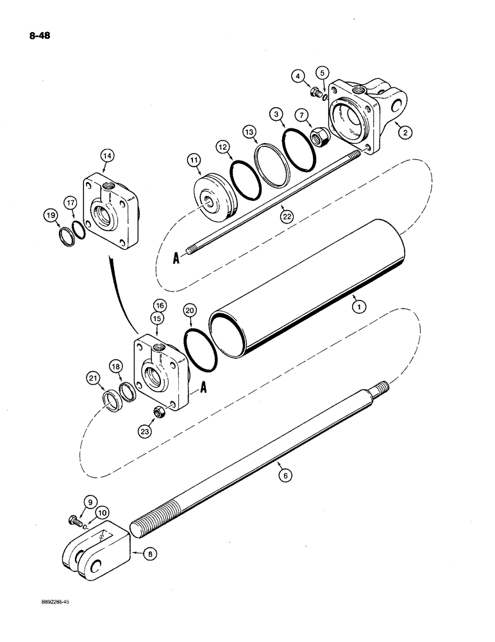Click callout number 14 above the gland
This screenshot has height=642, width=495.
pos(106,156)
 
